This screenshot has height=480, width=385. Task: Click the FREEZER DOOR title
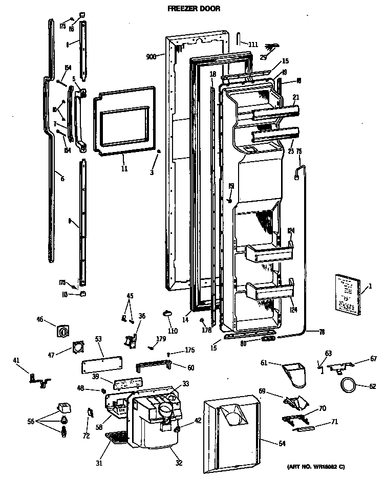coord(192,9)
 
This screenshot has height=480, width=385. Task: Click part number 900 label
coord(151,56)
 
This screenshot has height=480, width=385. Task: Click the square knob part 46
coord(63,332)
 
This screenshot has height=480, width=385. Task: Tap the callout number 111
coord(253,45)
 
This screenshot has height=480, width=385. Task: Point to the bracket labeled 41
coord(39,378)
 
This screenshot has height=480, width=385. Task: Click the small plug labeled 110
coord(168,313)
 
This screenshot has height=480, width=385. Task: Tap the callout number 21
coord(295,97)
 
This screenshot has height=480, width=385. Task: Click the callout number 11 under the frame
coord(124,168)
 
